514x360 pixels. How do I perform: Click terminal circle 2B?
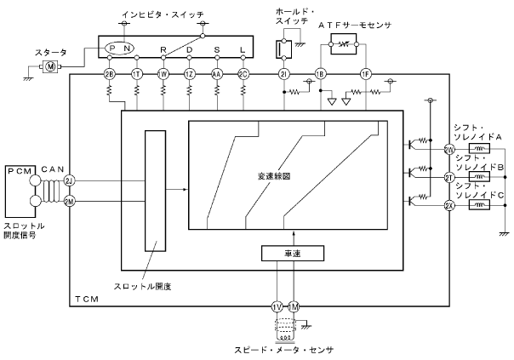(x=109, y=74)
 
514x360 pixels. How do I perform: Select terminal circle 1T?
(x=137, y=74)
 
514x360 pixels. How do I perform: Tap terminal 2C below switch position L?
(x=243, y=74)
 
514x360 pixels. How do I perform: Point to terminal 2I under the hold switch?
(x=283, y=74)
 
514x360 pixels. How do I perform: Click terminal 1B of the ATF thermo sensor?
(x=321, y=74)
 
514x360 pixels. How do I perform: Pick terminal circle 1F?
(x=366, y=74)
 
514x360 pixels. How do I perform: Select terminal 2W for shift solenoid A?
(x=448, y=150)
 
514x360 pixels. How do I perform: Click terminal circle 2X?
(x=448, y=205)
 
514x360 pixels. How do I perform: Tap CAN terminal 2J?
(x=70, y=181)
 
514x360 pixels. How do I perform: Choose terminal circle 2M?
(x=70, y=202)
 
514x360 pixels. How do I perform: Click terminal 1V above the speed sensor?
(x=276, y=306)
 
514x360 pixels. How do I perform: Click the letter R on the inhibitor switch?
(x=163, y=49)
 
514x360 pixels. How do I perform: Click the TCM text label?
(x=87, y=300)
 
